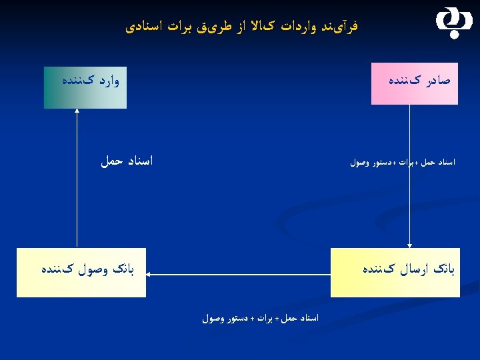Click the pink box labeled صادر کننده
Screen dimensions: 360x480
tap(414, 84)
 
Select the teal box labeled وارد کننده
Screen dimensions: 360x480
tap(84, 87)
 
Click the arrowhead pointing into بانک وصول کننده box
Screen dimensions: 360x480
tap(149, 273)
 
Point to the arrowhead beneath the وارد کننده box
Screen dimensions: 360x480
tap(77, 111)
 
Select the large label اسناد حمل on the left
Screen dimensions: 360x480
tap(127, 161)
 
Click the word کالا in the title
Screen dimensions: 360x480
tap(253, 27)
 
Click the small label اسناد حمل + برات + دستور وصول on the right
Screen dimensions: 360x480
tap(402, 162)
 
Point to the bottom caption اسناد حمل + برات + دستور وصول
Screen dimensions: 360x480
tap(261, 319)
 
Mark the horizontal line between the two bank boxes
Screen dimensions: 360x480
tap(240, 273)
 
